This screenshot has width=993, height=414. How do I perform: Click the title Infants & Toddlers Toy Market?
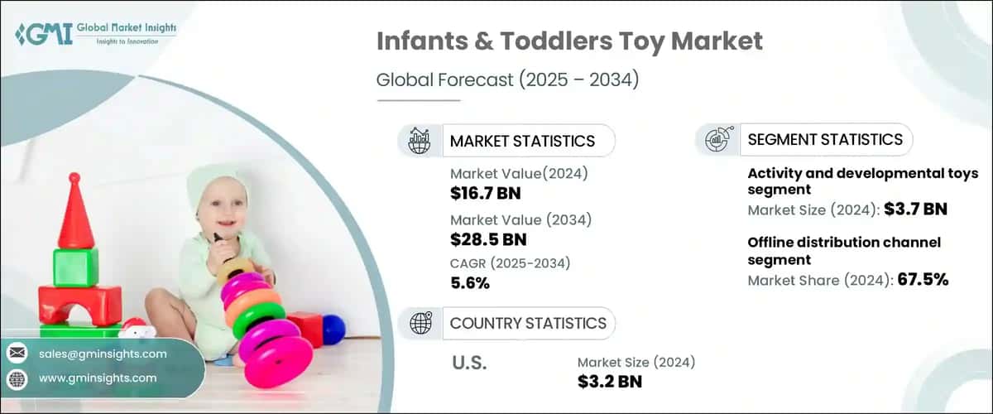pos(569,41)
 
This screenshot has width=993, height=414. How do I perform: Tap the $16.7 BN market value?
pos(486,194)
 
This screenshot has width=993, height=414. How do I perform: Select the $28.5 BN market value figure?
pos(488,239)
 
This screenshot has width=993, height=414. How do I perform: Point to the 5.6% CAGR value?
pos(470,283)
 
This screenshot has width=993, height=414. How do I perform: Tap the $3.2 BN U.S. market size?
pos(610,381)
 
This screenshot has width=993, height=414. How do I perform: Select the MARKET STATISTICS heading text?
pos(522,141)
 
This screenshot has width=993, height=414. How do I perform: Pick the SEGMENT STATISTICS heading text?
pos(825,139)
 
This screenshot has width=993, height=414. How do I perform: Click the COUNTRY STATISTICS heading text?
pos(528,323)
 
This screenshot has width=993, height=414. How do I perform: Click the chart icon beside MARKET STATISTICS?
pos(419,141)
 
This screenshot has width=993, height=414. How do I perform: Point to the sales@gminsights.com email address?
pos(103,354)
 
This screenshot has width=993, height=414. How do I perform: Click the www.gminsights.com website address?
pos(98,378)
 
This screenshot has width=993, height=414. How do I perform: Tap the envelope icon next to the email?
pos(17,354)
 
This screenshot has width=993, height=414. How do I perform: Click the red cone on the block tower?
pos(75,213)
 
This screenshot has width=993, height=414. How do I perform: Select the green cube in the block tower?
pos(75,267)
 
